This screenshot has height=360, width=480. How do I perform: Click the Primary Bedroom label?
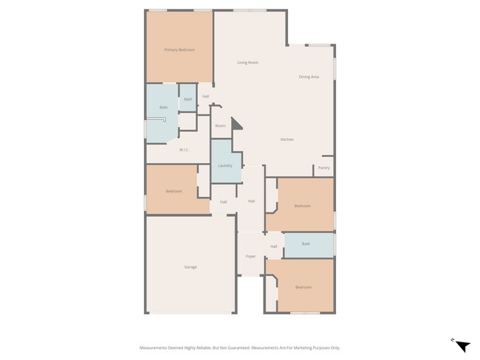point(179,49)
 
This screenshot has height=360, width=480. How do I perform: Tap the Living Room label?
point(247,63)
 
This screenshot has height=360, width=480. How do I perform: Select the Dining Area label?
point(309,77)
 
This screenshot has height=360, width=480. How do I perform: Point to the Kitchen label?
point(287,139)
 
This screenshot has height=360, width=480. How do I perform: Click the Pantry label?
point(323,167)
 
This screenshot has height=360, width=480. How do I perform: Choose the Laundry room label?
point(225,165)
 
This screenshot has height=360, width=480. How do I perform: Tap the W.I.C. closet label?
point(184,150)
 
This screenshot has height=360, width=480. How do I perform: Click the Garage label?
point(191,266)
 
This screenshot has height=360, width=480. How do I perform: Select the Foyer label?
point(250,256)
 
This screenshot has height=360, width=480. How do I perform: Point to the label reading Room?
point(220,126)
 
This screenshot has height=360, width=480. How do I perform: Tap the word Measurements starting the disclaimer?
point(156,347)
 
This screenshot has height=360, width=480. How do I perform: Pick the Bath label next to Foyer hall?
point(306,243)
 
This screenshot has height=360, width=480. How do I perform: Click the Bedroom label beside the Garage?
point(174,191)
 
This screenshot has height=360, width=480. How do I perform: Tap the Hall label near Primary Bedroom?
point(205,96)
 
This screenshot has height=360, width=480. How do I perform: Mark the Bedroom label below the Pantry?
point(302,206)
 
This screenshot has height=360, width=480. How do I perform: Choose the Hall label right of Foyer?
point(273,246)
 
